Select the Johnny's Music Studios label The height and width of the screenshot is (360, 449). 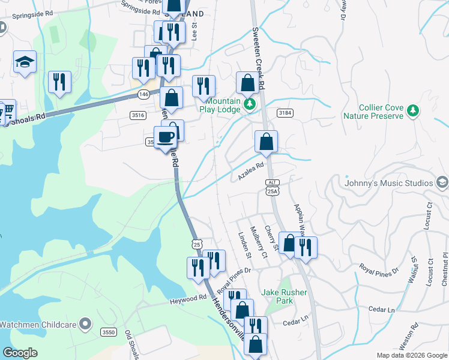389,183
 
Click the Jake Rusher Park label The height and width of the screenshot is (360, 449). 285,296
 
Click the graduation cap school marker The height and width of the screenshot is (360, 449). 25,62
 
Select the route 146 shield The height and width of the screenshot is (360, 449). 143,94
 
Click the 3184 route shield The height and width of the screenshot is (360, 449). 285,113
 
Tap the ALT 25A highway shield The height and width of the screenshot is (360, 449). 273,187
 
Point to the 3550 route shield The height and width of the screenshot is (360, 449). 109,332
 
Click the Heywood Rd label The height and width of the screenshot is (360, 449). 188,298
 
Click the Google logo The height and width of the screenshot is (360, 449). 20,353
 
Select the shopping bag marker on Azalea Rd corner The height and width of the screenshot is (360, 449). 266,142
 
